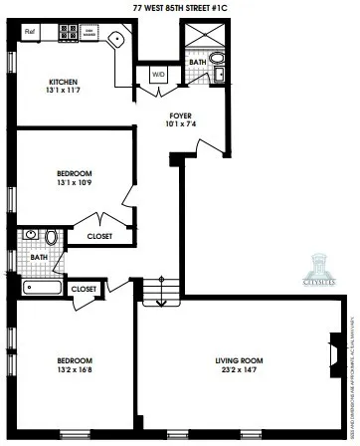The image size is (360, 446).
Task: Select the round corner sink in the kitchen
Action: [115, 40]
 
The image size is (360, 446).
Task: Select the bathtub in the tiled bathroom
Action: [42, 288]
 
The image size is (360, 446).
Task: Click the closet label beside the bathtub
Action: [86, 289]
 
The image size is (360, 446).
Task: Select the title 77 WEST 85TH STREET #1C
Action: [180, 8]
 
